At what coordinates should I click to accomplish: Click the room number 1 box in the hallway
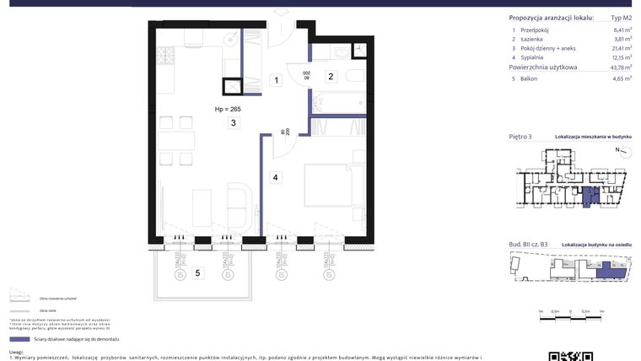click(x=275, y=81)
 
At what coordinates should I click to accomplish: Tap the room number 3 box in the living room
click(x=231, y=123)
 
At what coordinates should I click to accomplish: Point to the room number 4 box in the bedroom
click(x=275, y=178)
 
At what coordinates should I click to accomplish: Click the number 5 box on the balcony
click(x=197, y=272)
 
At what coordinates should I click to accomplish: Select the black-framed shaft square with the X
click(x=231, y=88)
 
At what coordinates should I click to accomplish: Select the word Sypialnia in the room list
click(x=533, y=57)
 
